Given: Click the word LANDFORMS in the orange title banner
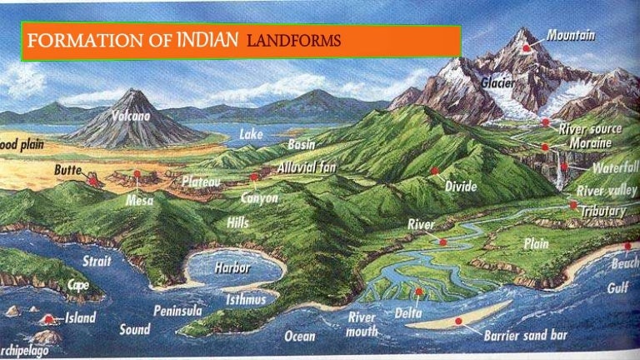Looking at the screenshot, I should [x=294, y=42].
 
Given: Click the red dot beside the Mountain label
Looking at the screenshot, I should [x=527, y=47].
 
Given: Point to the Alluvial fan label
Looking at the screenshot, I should [x=306, y=167].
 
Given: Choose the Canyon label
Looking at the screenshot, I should [x=259, y=198].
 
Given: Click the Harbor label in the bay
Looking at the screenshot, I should [x=232, y=267].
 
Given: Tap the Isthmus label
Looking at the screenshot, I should [x=246, y=299].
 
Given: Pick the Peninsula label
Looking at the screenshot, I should [x=177, y=310].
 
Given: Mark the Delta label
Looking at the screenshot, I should [x=408, y=312].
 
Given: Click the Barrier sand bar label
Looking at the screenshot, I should [x=526, y=336].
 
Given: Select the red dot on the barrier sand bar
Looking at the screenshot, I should [x=458, y=320].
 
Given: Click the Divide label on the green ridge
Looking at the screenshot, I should [x=461, y=187].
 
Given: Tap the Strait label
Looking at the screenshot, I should [x=97, y=262].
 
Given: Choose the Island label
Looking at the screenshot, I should [x=80, y=317].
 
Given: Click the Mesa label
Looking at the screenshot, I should [x=139, y=200].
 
